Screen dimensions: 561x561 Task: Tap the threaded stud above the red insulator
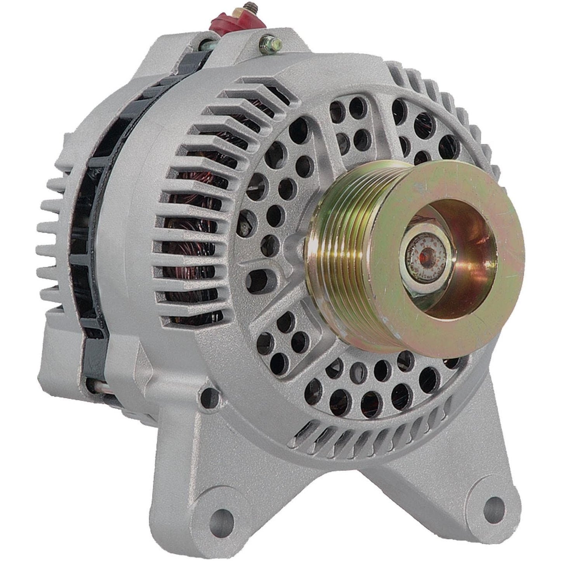[226, 6]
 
